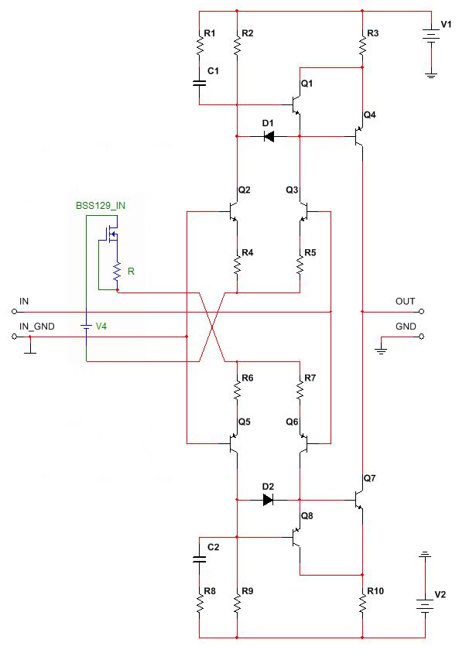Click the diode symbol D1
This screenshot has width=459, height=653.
269,136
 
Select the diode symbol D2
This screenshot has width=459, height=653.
269,500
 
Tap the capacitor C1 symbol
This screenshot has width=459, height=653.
200,83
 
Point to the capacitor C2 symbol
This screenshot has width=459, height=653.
200,559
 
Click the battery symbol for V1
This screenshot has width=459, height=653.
431,36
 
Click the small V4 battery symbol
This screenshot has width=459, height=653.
86,326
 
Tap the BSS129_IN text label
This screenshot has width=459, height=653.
101,206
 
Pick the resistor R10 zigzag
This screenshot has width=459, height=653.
362,603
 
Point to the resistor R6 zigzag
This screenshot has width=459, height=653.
237,391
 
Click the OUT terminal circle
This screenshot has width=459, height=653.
422,312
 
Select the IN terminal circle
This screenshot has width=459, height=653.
14,312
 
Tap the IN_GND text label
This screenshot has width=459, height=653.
36,326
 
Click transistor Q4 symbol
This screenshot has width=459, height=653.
358,136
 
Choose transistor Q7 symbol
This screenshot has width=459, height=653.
358,500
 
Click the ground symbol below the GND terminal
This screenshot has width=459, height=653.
381,350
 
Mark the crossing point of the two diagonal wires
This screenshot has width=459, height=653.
212,327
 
